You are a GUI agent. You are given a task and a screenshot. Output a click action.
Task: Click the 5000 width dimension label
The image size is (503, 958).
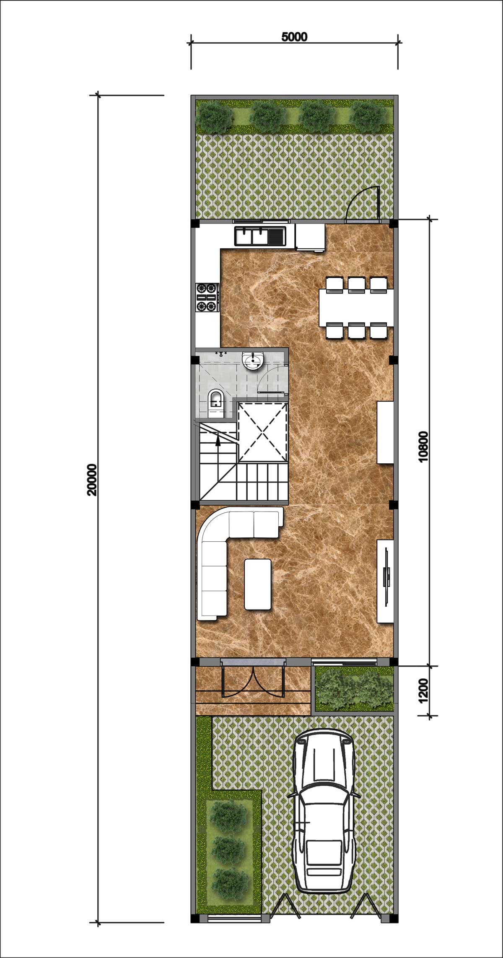pyautogui.click(x=294, y=37)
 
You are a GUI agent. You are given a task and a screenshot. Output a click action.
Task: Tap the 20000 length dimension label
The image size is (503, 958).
pyautogui.click(x=92, y=480)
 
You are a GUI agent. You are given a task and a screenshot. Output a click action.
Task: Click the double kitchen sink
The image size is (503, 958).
pyautogui.click(x=260, y=236)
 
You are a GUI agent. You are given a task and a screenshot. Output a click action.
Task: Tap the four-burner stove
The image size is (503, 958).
pyautogui.click(x=207, y=298)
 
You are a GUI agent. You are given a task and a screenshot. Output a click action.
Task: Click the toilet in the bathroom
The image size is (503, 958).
pyautogui.click(x=216, y=404)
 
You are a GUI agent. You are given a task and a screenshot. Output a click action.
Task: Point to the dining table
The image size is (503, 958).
pyautogui.click(x=356, y=308)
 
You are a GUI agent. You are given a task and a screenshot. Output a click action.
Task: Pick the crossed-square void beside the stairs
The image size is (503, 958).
pyautogui.click(x=262, y=431)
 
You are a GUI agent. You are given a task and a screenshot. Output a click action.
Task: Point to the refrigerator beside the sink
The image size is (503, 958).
pyautogui.click(x=310, y=237)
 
